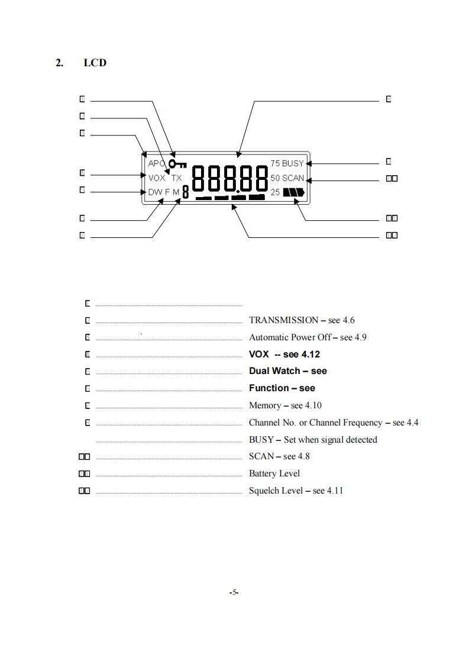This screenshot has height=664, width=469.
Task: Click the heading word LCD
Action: click(x=95, y=63)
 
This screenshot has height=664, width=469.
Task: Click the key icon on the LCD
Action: click(x=177, y=164)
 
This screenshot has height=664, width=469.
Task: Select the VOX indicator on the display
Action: click(x=157, y=178)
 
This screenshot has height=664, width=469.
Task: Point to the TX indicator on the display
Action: click(x=177, y=178)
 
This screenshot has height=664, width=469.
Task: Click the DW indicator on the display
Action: click(x=154, y=192)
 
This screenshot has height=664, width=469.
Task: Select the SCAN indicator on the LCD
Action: click(x=293, y=178)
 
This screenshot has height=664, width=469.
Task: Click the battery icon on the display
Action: click(x=293, y=192)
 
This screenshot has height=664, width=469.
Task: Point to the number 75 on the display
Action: click(x=275, y=163)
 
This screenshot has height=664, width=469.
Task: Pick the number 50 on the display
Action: click(x=275, y=178)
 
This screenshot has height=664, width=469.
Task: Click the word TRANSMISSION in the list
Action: click(x=283, y=320)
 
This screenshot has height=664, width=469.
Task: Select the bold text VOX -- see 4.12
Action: click(x=284, y=354)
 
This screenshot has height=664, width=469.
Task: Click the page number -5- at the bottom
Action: click(x=234, y=592)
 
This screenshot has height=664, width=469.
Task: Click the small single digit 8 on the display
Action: click(x=185, y=193)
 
